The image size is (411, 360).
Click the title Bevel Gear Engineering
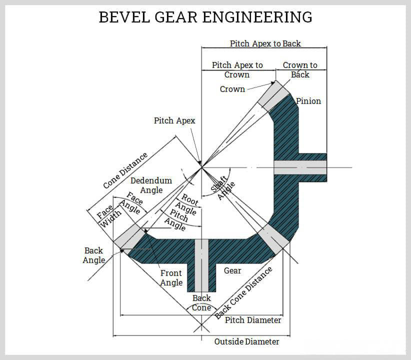tap(205, 17)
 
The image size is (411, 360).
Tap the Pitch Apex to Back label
tap(265, 43)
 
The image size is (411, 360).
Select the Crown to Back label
tap(300, 70)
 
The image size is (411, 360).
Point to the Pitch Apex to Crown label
tap(237, 70)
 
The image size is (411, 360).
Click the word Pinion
tap(308, 101)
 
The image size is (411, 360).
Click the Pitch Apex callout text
tap(174, 120)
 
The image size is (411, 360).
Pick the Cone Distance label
tap(125, 170)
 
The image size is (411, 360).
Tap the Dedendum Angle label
tap(151, 185)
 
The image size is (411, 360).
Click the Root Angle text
tap(188, 205)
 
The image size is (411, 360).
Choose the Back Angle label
tap(94, 255)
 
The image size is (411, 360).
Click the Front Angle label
tap(171, 278)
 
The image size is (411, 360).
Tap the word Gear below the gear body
tap(232, 271)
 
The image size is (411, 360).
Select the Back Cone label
tap(202, 303)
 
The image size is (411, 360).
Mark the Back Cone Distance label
tap(244, 293)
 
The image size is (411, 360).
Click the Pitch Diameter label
tap(253, 320)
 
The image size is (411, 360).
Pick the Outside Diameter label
tap(246, 341)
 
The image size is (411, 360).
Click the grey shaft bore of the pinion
tap(300, 167)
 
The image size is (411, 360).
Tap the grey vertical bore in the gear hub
tap(201, 265)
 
